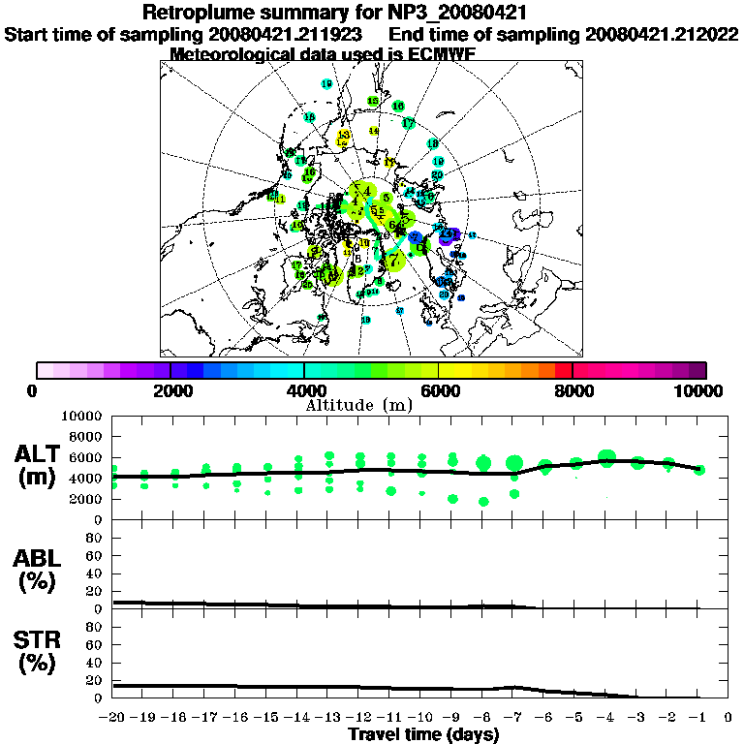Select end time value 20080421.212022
pos(662,34)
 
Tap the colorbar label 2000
pos(170,390)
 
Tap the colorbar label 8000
pos(573,390)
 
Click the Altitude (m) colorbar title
pos(372,404)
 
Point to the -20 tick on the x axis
pos(112,718)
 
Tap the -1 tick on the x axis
pos(698,718)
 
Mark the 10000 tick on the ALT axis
pos(83,416)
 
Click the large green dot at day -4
pos(607,458)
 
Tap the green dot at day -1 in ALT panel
pos(699,470)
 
